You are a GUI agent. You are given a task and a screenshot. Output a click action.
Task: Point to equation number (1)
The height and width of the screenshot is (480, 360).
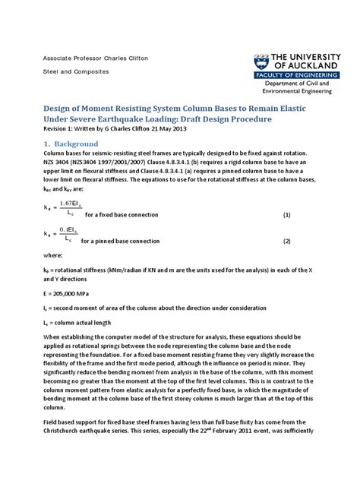[287, 215]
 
